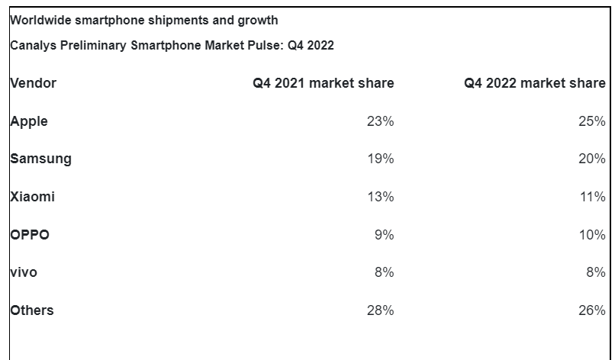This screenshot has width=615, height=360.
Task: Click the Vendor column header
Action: point(34,83)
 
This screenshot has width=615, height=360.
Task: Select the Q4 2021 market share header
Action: point(324,83)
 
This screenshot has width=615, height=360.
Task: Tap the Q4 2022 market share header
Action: point(534,83)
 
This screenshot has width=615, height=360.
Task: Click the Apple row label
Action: point(30,121)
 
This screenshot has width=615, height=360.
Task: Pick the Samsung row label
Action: point(41,159)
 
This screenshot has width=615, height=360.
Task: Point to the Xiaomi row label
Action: point(33,197)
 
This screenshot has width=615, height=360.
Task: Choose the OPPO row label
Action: point(31,235)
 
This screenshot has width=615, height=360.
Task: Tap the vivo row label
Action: point(24,272)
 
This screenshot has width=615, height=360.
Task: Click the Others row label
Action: point(32,310)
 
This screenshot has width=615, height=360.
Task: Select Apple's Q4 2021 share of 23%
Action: point(381,121)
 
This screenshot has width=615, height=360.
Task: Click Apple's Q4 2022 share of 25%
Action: point(592,121)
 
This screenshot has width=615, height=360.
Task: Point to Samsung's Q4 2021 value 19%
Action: point(381,159)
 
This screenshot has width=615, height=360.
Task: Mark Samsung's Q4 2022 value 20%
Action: point(592,159)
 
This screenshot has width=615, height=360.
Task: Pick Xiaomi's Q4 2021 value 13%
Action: point(381,197)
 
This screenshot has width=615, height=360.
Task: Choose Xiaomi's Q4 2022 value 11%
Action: point(592,197)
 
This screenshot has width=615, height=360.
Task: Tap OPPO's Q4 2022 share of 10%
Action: point(592,235)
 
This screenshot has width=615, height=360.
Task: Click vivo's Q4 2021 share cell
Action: point(385,272)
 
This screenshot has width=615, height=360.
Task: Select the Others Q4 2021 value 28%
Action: point(381,310)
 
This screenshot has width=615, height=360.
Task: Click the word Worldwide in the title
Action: point(40,20)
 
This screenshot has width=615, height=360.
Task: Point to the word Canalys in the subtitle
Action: point(31,46)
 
